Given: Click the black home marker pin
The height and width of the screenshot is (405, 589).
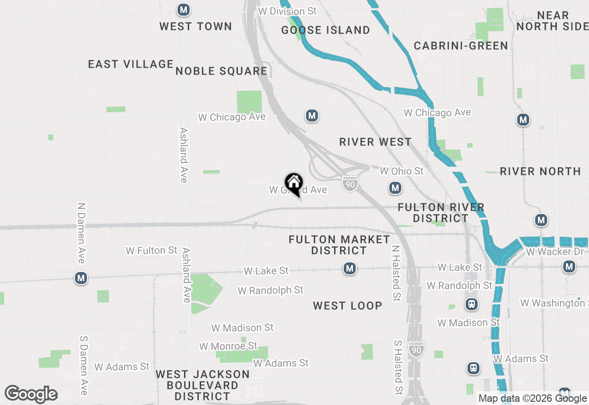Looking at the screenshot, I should click(294, 183).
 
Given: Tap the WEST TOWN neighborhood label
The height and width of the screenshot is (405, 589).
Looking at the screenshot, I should click(196, 26).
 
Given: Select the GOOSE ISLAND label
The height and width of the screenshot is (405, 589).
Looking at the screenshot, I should click(326, 30).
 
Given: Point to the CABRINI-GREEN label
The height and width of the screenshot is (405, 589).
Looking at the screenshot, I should click(461, 46).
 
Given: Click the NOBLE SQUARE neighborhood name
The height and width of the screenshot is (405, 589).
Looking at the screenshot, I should click(221, 71).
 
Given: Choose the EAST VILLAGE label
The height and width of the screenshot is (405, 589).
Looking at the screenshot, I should click(131, 64).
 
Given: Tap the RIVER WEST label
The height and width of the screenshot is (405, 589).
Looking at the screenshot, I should click(375, 142).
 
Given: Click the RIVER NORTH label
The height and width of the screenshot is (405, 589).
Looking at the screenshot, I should click(540, 171).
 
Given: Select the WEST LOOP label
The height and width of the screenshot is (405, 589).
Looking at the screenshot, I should click(347, 306).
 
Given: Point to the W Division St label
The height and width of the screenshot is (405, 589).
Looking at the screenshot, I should click(288, 11).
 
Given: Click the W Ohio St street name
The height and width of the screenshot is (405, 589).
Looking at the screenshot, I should click(401, 171).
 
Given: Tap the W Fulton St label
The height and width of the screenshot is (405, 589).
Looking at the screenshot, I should click(151, 250).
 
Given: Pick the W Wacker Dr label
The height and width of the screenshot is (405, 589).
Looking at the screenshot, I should click(555, 252).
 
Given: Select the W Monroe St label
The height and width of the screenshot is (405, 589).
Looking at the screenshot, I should click(228, 346).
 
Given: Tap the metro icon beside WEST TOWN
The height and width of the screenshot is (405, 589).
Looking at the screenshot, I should click(184, 10).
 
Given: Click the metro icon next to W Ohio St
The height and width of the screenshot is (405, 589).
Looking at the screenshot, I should click(395, 187).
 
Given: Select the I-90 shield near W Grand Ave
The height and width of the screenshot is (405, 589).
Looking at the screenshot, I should click(350, 184).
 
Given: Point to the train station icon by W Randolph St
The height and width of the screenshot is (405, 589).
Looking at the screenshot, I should click(472, 304).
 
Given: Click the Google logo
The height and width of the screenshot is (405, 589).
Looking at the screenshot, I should click(31, 394).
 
